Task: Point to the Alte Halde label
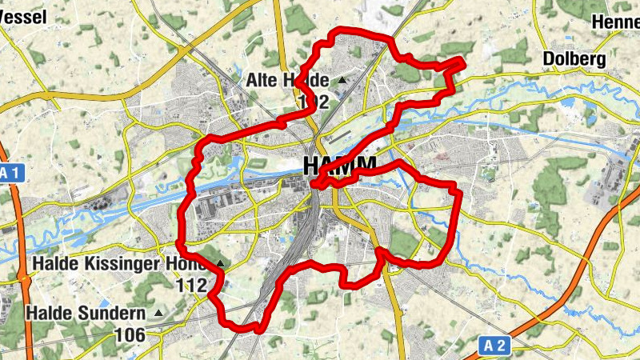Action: coord(287,80)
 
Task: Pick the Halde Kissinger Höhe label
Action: coord(121,263)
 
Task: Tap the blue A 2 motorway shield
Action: coord(496,346)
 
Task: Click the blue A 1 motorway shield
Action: coord(8,173)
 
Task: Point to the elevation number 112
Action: coord(192,285)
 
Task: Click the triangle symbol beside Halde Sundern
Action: coord(158,313)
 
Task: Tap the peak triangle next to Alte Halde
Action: coord(342,80)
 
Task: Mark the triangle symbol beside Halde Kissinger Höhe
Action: coord(220,263)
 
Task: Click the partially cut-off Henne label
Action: coord(615,22)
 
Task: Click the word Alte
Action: coord(263,80)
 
